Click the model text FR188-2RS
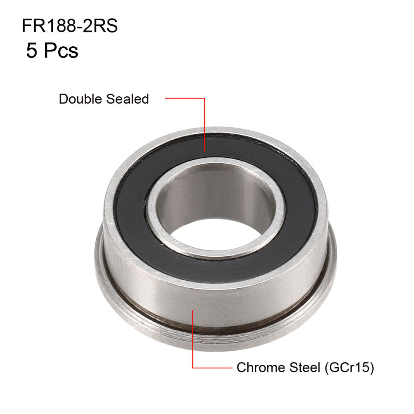[x=70, y=27]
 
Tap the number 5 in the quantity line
[x=32, y=51]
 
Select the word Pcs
[x=61, y=51]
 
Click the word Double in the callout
[x=80, y=99]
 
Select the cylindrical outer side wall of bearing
[x=211, y=301]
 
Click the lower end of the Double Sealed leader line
[x=204, y=151]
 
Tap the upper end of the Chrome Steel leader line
[x=193, y=310]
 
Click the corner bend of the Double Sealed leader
[x=204, y=99]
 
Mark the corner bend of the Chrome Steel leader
[x=193, y=368]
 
